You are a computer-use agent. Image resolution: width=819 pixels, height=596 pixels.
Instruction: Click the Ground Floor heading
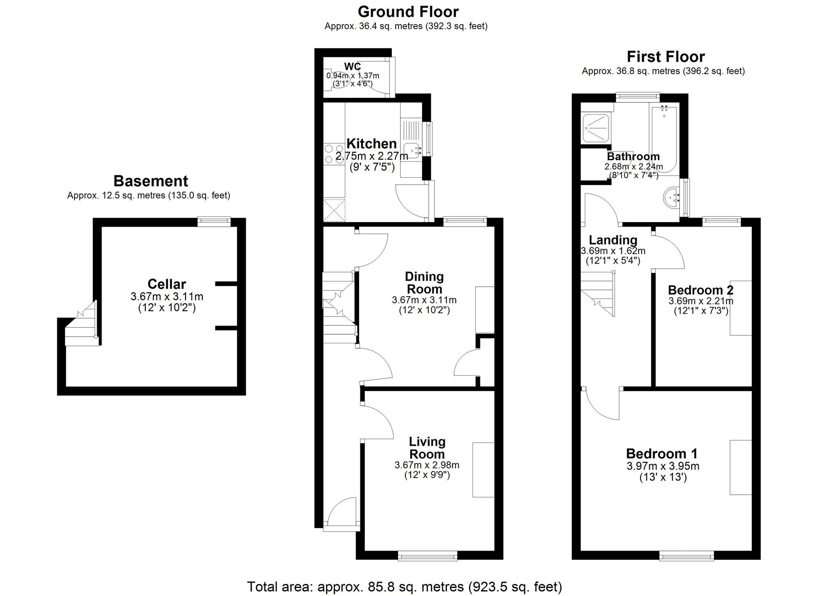[x=408, y=11]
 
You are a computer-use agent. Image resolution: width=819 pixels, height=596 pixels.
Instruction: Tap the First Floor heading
[x=666, y=57]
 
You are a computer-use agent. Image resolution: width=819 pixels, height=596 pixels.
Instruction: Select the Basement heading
[x=151, y=181]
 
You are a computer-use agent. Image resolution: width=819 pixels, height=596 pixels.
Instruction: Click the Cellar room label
[x=167, y=284]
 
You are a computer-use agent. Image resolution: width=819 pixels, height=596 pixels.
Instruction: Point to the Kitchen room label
[x=371, y=144]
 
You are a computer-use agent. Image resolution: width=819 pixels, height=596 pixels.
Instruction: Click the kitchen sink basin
[x=412, y=151]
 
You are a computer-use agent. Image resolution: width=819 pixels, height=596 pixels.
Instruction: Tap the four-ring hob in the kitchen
[x=334, y=154]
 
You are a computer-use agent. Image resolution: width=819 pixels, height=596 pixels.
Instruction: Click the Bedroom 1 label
[x=661, y=453]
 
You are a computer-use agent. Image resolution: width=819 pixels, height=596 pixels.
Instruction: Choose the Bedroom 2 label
[x=701, y=290]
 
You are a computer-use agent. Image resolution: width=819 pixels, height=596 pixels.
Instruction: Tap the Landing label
[x=613, y=240]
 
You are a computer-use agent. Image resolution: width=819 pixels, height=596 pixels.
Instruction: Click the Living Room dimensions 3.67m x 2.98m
[x=427, y=465]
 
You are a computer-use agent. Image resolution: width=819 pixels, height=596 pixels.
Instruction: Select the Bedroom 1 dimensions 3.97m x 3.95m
[x=663, y=466]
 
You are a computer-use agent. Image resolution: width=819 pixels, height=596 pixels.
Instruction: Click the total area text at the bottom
[x=404, y=587]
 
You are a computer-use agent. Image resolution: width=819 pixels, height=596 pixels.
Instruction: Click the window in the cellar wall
[x=213, y=222]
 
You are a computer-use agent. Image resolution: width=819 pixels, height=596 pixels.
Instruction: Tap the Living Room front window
[x=428, y=555]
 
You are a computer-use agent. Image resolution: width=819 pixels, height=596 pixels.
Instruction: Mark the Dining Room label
[x=424, y=283]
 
